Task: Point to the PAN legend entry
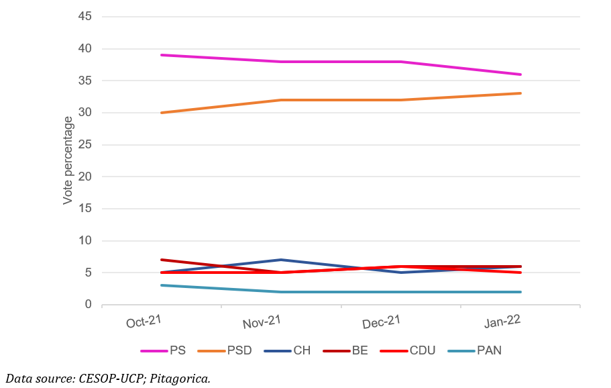coord(488,350)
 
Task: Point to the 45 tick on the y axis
coord(85,17)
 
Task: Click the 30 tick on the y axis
coord(85,113)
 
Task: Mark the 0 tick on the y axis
coord(88,305)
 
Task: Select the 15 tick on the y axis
coord(85,209)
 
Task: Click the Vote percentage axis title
coord(68,160)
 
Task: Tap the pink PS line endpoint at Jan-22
coord(520,75)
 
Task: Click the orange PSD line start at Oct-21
coord(162,113)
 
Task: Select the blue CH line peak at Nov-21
coord(281,260)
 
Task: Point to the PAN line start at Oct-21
coord(162,285)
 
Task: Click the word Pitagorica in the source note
coord(181,379)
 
